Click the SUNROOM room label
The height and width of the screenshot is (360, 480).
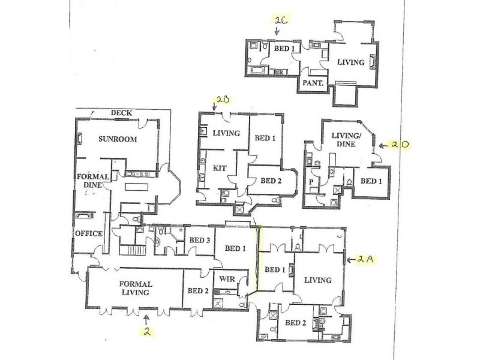pos(118,139)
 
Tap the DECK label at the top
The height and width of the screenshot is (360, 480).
pos(121,113)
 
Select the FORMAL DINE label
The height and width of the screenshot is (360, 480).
pos(93,181)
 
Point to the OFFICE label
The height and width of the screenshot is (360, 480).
pos(89,233)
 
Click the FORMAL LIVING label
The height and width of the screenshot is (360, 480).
pos(136,288)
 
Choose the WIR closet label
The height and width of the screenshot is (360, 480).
pos(227,279)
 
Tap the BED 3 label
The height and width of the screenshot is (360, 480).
pos(199,241)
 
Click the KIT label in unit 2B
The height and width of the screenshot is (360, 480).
pos(220,168)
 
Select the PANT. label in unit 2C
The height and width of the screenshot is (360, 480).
pos(313,83)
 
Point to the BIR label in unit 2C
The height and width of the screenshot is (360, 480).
pos(278,72)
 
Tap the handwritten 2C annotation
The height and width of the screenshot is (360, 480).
pos(281,21)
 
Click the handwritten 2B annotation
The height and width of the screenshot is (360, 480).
pos(223,100)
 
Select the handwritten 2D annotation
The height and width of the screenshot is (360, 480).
pos(400,145)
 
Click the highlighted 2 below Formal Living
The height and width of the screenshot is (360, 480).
pos(147,332)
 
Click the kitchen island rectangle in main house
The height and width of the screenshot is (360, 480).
pos(137,187)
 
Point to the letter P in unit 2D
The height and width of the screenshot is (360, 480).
pos(311,182)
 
